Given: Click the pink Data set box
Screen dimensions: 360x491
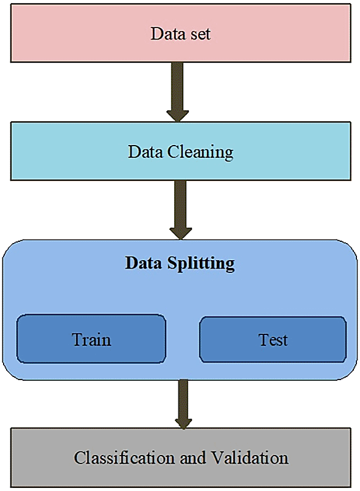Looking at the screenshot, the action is (181, 33).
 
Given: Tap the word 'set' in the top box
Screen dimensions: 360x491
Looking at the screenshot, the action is (199, 34).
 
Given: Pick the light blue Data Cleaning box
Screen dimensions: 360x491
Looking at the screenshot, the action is (181, 151).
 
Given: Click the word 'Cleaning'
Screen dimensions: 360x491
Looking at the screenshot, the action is (200, 152).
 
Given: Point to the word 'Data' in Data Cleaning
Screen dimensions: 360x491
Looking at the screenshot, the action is (145, 152).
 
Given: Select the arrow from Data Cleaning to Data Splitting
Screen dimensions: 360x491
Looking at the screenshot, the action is (181, 210).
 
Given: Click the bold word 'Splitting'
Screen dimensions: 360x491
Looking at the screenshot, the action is (200, 264).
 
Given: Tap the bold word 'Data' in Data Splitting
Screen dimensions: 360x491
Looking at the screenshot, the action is (143, 263).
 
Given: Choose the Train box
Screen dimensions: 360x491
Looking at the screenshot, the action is (91, 339).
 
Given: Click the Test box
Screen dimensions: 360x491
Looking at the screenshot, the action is (273, 339).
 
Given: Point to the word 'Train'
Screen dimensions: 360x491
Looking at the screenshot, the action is (91, 339).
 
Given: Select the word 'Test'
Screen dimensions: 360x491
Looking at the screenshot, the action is (273, 340).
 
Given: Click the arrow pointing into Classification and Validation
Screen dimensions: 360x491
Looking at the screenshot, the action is (183, 404).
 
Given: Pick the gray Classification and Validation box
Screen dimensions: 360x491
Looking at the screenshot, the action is (181, 457).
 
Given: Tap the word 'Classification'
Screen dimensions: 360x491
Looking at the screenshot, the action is (124, 458).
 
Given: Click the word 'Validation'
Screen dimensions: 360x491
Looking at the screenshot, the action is (250, 458).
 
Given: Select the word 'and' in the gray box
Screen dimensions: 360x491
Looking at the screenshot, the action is (193, 458).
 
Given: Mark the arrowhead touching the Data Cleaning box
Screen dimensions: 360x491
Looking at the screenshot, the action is (177, 116).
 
